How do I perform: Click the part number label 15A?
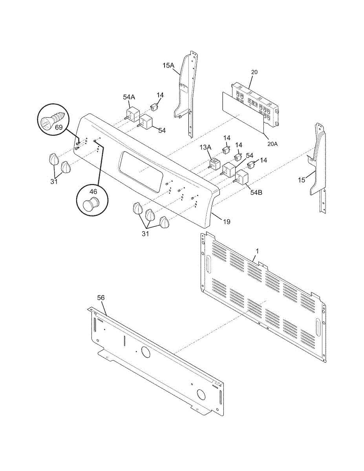[168, 66]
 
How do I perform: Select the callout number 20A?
[273, 144]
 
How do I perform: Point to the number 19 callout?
[227, 222]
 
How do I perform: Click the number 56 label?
[101, 298]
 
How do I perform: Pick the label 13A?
[205, 147]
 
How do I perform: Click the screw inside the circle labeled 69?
[52, 119]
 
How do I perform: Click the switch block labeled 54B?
[242, 177]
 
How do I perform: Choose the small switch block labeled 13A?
[214, 163]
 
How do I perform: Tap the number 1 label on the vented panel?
[257, 250]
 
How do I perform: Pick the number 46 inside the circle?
[93, 192]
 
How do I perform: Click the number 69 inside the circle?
[59, 128]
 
